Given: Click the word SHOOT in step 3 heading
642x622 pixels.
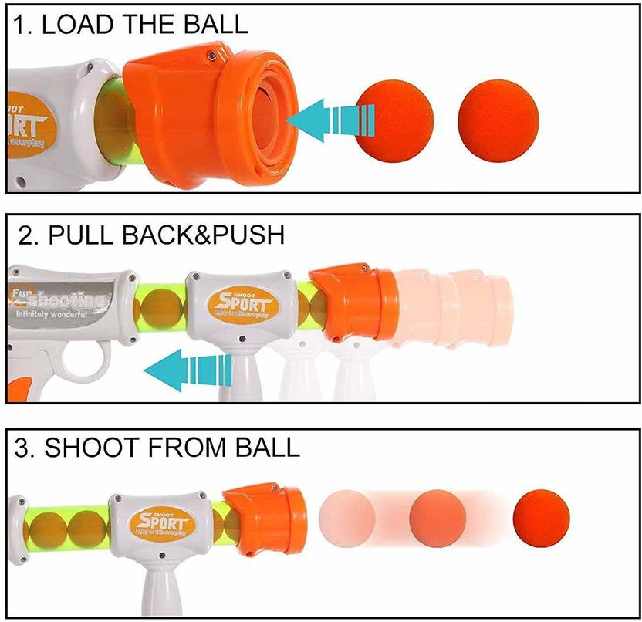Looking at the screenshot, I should (100, 449).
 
